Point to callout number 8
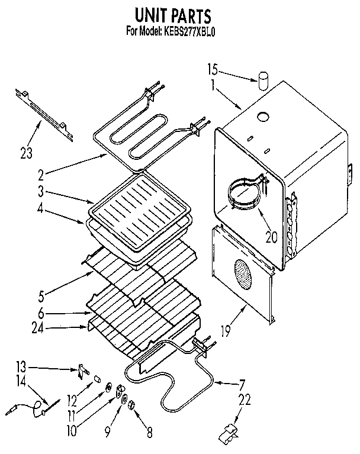coord(149,432)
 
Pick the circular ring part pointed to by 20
coord(246,194)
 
